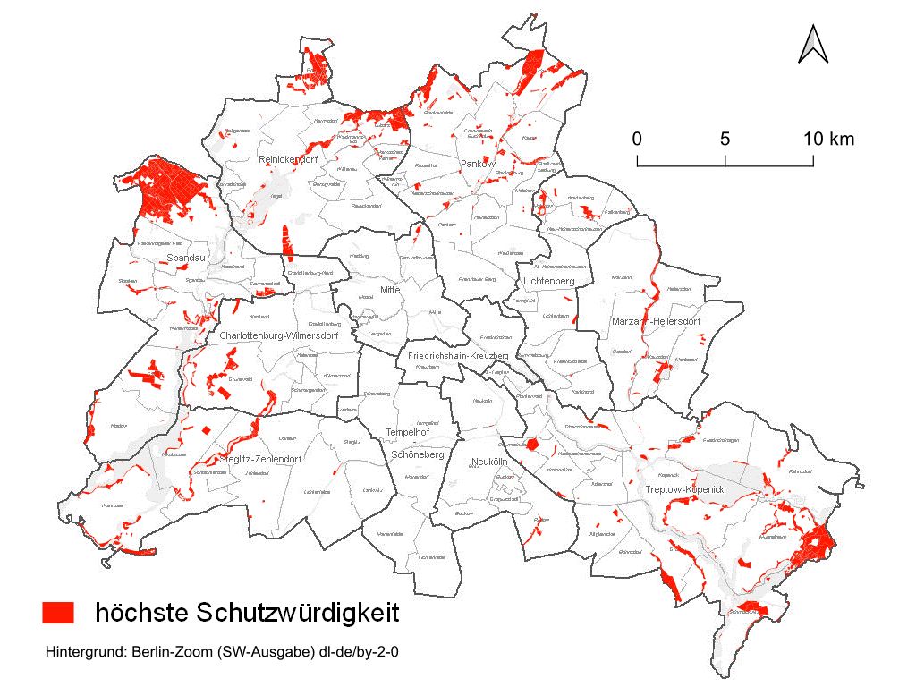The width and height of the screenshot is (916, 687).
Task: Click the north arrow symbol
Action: point(812,44)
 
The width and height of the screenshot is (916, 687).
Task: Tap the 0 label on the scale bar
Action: point(637,139)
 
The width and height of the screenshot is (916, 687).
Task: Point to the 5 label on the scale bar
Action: point(725,139)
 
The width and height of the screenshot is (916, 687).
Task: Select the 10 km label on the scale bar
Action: point(827,139)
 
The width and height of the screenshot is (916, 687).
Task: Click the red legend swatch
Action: point(57,613)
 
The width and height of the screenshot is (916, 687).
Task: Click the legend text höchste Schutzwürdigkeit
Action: point(246,613)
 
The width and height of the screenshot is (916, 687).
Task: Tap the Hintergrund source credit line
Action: point(221,652)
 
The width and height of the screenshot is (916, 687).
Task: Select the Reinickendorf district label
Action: point(288,159)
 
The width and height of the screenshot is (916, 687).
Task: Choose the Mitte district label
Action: point(391,290)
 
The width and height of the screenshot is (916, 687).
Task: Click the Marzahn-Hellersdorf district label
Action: point(656,321)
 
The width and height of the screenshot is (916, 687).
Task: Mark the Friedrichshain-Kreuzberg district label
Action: point(457,356)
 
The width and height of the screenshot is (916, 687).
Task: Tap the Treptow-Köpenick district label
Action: point(684,491)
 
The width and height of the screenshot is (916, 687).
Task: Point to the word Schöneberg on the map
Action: point(418,454)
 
